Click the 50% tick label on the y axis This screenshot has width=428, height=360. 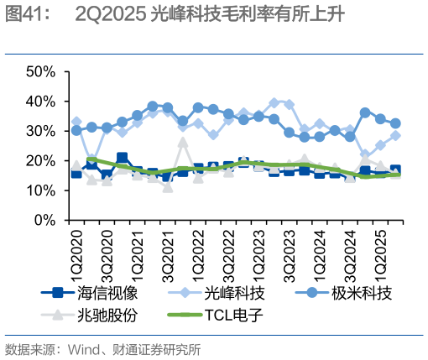(39, 71)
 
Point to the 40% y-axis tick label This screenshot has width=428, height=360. (39, 102)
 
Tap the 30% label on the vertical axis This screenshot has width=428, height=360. (39, 131)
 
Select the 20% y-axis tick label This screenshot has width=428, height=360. (39, 161)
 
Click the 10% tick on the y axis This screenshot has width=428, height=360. (39, 190)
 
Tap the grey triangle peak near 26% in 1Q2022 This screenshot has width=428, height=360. (183, 143)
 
